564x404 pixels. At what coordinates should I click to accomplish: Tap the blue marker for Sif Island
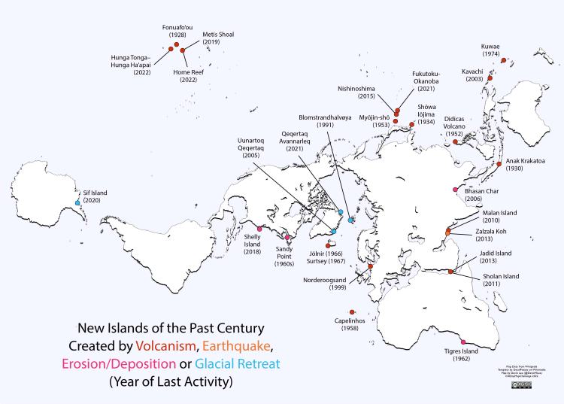click(x=78, y=203)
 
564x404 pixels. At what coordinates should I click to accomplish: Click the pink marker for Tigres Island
click(x=462, y=343)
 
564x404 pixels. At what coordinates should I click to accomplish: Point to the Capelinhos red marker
click(x=352, y=313)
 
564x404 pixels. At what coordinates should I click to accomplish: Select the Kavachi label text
click(x=473, y=75)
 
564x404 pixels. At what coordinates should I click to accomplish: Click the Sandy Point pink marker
click(x=287, y=238)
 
